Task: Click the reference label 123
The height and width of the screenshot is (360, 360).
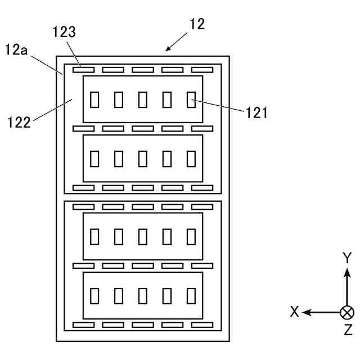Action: [64, 32]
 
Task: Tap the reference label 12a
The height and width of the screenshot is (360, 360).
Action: [16, 49]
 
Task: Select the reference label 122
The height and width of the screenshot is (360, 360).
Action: [19, 123]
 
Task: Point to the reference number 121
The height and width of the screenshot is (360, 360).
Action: [256, 113]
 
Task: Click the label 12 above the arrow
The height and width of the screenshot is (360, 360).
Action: [197, 24]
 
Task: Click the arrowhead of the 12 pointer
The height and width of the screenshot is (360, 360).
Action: [168, 48]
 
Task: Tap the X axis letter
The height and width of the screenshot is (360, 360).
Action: [295, 312]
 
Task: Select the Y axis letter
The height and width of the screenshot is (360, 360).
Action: [347, 258]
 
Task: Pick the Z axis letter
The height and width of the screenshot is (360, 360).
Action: [348, 330]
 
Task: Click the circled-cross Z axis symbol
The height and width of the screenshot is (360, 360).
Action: [347, 313]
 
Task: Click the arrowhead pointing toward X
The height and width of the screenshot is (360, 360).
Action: [306, 313]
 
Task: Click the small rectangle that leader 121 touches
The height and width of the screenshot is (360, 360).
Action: [191, 100]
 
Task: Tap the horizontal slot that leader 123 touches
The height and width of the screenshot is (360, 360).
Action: [83, 70]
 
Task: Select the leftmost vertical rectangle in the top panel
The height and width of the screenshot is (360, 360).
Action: [94, 100]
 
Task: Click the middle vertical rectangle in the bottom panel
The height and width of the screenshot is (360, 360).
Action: [142, 296]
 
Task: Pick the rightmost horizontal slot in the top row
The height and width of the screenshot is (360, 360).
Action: [202, 70]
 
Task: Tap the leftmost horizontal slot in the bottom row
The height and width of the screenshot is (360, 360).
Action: [83, 325]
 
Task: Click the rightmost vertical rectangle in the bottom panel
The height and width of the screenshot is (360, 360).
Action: [191, 296]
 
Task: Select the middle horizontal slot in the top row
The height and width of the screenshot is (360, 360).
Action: [142, 70]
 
